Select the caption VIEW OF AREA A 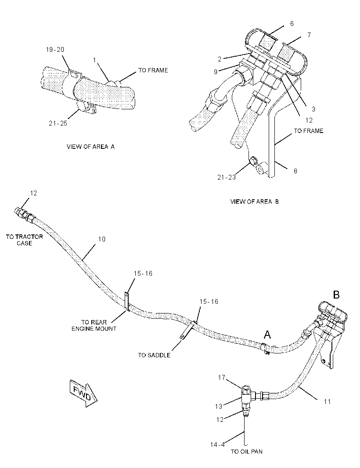coord(90,147)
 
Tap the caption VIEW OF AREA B coord(254,202)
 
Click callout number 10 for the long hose coord(102,239)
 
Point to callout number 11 coord(328,401)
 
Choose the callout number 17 coord(222,377)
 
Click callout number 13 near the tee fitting coord(219,406)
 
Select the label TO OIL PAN coord(247,451)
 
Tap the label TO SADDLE coord(154,355)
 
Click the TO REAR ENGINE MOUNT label coord(94,325)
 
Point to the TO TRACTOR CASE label coord(25,240)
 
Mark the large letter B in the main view coord(336,295)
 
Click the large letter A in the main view coord(267,335)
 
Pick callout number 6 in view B coord(292,23)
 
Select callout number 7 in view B coord(309,35)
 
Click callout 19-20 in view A coord(55,50)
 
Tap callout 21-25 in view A coord(58,123)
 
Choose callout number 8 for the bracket coord(295,171)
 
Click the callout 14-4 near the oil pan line coord(217,444)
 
